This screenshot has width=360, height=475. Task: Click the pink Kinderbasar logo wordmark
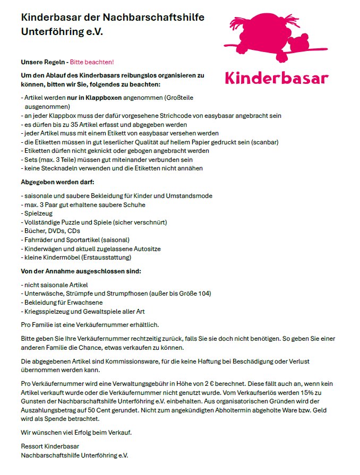pyautogui.click(x=276, y=77)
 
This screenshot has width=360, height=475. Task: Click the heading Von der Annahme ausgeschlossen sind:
pyautogui.click(x=80, y=271)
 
